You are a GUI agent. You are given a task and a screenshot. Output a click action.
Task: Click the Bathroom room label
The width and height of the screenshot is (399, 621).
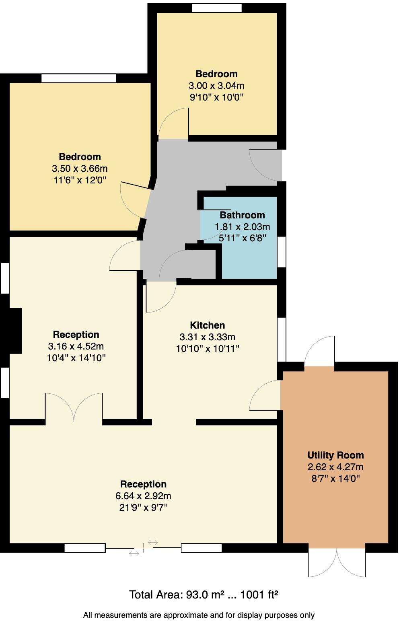click(242, 215)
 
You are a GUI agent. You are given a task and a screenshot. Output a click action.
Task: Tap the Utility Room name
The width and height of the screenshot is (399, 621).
click(335, 455)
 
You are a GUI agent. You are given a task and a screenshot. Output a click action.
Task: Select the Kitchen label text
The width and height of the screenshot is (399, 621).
click(207, 325)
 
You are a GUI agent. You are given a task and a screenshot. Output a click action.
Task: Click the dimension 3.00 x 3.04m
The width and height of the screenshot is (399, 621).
click(216, 86)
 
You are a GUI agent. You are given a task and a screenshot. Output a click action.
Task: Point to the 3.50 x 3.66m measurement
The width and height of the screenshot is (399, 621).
click(80, 169)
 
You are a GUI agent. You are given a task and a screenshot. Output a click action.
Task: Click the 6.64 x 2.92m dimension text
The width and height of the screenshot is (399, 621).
click(143, 496)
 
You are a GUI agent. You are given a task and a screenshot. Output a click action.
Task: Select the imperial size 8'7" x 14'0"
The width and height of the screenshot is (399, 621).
click(335, 479)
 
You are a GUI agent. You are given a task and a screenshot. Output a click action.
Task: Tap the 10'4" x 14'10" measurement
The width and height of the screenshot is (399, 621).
click(76, 358)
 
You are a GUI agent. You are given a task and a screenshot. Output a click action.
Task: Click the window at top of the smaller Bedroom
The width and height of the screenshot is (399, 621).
click(217, 8)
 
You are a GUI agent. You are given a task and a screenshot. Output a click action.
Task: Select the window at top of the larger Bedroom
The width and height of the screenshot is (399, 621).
click(79, 78)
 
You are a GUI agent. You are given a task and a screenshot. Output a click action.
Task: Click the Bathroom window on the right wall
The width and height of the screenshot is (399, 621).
click(282, 252)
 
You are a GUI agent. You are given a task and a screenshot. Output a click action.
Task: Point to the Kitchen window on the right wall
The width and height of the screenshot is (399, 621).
click(282, 339)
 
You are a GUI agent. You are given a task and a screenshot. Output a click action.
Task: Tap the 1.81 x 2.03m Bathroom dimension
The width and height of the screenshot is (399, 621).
click(242, 226)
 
